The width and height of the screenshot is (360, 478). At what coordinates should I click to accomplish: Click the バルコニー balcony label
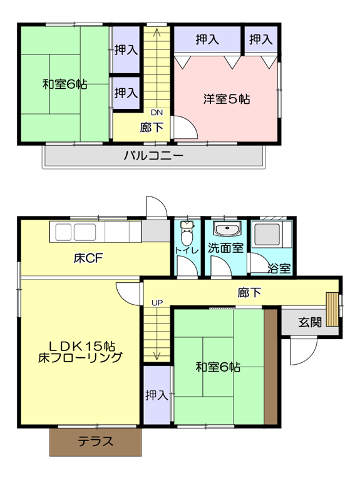click(x=154, y=155)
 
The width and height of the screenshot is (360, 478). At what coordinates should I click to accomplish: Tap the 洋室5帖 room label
click(x=227, y=99)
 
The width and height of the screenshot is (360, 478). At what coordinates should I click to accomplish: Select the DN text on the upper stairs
click(x=157, y=113)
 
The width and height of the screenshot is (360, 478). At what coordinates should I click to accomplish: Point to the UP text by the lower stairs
click(x=157, y=303)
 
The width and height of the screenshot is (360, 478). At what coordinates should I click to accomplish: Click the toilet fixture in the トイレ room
click(x=187, y=233)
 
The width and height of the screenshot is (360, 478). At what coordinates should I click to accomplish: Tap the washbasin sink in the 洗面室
click(x=227, y=228)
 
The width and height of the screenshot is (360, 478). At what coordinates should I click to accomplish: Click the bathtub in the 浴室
click(x=267, y=235)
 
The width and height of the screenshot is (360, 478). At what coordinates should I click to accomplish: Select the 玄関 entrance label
click(x=310, y=322)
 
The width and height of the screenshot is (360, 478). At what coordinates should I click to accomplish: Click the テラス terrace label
click(x=96, y=441)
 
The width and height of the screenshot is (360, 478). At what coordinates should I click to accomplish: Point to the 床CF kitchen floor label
click(x=88, y=258)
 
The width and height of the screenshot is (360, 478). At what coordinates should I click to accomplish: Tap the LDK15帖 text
click(x=82, y=346)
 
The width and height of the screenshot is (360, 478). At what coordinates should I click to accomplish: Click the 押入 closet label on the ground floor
click(x=157, y=395)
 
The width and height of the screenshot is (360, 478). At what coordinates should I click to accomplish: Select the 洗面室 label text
click(x=226, y=248)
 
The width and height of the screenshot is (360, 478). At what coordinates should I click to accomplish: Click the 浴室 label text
click(x=279, y=268)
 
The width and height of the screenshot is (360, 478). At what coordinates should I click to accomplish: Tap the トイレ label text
click(x=187, y=251)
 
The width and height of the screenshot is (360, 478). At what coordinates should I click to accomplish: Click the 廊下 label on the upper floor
click(x=152, y=127)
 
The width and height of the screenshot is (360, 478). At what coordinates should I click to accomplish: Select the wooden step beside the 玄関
click(x=332, y=309)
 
